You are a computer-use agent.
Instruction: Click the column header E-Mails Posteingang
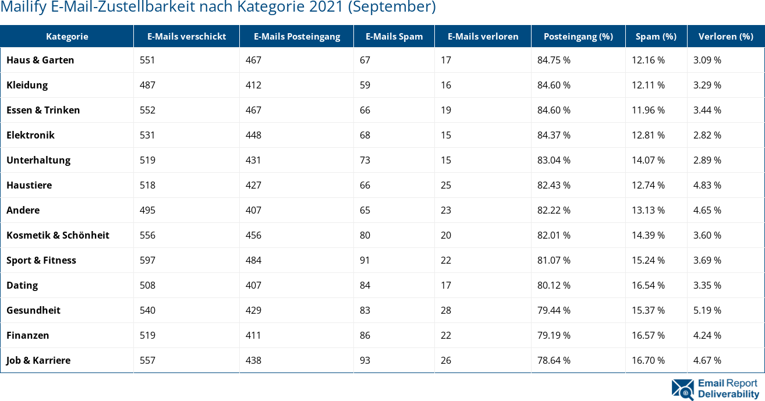coord(297,36)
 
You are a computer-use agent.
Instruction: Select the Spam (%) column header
coord(656,36)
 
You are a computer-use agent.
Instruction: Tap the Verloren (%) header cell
coord(726,36)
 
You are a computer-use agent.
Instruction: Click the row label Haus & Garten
coord(40,60)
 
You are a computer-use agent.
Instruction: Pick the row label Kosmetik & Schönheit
coord(58,235)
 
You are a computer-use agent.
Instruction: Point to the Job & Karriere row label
coord(38,360)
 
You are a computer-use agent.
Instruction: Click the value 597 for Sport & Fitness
coord(147,260)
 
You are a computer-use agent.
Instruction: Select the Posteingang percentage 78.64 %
coord(554,360)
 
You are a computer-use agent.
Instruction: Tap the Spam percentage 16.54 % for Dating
coord(648,285)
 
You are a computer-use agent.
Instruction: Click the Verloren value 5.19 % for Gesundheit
coord(707,310)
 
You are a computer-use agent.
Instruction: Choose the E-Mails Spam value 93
coord(365,360)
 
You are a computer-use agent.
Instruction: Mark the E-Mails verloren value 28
coord(446,310)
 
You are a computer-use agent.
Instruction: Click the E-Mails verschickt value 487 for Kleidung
coord(147,85)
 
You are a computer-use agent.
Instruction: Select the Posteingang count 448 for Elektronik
coord(253,135)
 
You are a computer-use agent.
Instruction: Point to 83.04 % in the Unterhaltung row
coord(554,160)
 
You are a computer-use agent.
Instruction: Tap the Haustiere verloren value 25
coord(446,185)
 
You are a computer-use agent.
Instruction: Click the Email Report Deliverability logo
coord(716,389)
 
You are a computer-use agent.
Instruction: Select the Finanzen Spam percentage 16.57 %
coord(648,335)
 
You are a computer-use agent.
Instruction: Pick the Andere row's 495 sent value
coord(147,210)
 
